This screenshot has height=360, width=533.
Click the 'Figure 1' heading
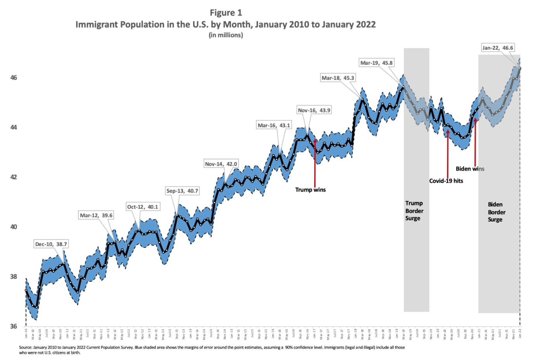click(x=226, y=13)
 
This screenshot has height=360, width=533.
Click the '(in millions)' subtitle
click(x=226, y=35)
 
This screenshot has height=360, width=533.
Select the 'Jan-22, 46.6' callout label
click(x=497, y=48)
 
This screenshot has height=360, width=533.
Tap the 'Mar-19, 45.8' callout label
click(x=376, y=63)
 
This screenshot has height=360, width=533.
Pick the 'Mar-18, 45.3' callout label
click(x=337, y=78)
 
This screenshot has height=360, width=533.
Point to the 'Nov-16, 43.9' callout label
click(x=314, y=111)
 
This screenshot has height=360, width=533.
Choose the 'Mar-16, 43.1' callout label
click(x=274, y=126)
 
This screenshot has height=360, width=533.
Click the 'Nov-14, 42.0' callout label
click(x=221, y=164)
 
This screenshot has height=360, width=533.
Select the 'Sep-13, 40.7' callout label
click(x=182, y=191)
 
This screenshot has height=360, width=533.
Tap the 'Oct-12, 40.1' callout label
click(x=143, y=207)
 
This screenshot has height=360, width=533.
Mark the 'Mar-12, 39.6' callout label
click(x=96, y=216)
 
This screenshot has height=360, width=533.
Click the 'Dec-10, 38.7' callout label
click(x=51, y=244)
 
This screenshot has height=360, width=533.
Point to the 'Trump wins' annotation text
click(x=310, y=190)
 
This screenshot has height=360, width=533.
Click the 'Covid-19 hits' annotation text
click(x=446, y=181)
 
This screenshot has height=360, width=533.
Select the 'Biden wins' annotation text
click(x=470, y=169)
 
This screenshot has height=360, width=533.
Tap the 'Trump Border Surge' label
click(x=414, y=211)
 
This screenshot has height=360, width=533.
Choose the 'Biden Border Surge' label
click(x=497, y=212)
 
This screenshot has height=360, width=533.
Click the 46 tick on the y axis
click(x=14, y=78)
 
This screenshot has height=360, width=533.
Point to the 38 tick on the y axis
click(x=14, y=277)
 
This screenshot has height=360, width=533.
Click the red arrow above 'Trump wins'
click(x=315, y=163)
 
